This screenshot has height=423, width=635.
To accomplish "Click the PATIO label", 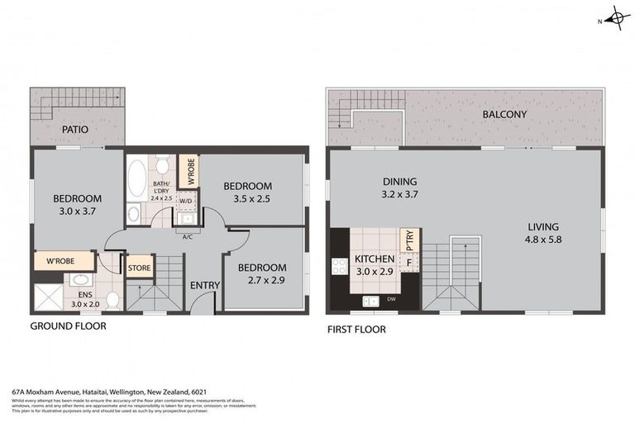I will pyautogui.click(x=74, y=130).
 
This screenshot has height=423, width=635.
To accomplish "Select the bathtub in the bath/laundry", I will pyautogui.click(x=136, y=179).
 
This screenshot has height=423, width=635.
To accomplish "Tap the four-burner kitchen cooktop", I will pyautogui.click(x=339, y=265).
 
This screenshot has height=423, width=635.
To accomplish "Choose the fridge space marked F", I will pyautogui.click(x=408, y=262).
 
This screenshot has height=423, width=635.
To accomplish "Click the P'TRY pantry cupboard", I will pyautogui.click(x=408, y=240).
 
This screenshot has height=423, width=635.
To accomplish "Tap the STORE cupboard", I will pyautogui.click(x=139, y=267).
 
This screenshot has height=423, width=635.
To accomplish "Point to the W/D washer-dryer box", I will pyautogui.click(x=186, y=200).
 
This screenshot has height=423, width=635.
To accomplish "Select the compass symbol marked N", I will pyautogui.click(x=616, y=17).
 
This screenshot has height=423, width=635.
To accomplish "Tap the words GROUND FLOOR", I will pyautogui.click(x=68, y=326).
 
